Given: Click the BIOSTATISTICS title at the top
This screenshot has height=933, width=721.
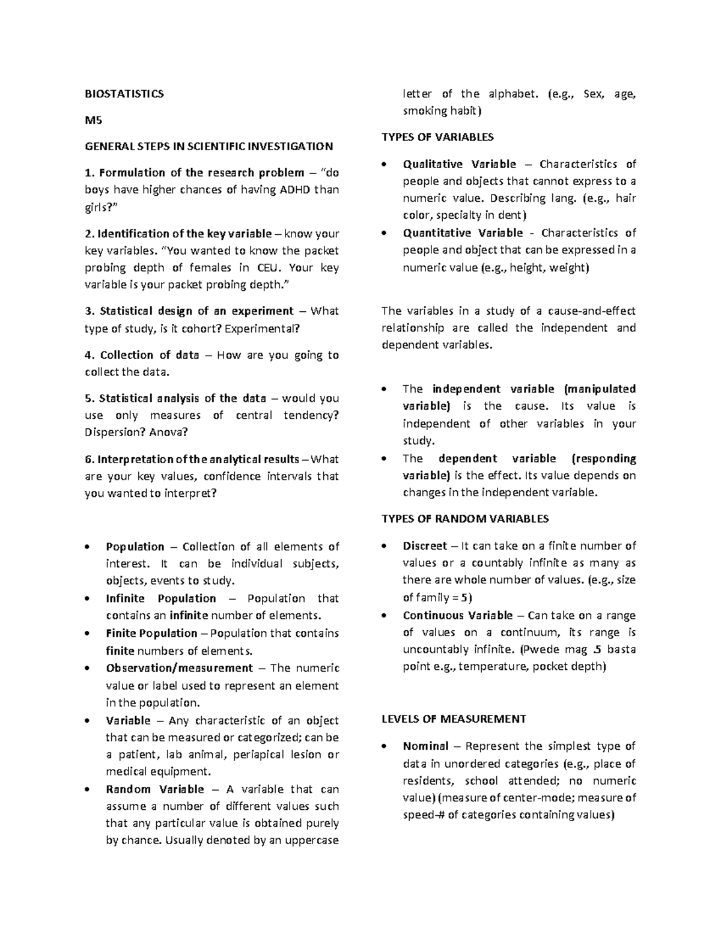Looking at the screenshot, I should coord(124,94).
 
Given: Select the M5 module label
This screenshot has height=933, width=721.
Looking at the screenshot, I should coord(94,120).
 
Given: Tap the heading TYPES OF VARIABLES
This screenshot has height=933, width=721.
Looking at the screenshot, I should coord(437,137).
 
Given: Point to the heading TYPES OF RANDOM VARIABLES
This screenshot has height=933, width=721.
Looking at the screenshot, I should coord(465,518).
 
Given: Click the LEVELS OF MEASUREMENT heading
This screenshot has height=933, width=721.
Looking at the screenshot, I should coord(454,719).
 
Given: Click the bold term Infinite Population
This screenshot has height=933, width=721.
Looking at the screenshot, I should coord(160,598).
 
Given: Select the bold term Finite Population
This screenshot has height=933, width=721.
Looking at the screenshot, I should coord(151,633).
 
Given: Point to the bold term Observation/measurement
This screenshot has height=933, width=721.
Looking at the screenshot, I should coord(179,668).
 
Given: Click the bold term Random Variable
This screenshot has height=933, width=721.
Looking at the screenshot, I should coord(154,789).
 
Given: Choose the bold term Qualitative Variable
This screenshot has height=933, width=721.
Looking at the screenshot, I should coord(459,164).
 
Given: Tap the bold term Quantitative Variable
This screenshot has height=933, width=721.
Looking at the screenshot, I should coord(463,233).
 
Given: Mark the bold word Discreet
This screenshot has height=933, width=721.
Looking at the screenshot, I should coord(425,546).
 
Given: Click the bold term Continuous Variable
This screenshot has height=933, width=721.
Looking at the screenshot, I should coord(458,615).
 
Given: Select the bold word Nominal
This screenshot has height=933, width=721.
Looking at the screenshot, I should coord(425,746).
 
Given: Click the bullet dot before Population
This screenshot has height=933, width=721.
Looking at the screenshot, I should coord(88,547).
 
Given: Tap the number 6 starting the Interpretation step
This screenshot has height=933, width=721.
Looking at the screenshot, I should coord(88,460).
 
